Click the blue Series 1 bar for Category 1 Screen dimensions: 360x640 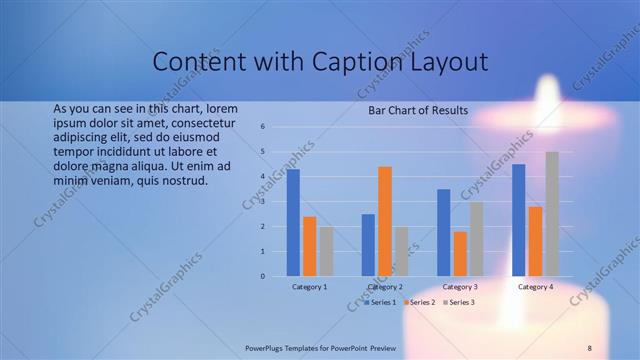293,222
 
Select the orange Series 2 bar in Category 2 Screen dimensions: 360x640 385,221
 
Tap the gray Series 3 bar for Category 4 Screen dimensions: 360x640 552,213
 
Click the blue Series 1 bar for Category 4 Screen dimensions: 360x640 519,220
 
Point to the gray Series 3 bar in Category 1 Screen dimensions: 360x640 326,251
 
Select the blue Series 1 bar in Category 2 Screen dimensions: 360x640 368,245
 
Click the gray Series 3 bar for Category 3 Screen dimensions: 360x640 477,238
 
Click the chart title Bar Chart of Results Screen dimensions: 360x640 419,110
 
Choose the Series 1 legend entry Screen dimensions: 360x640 381,302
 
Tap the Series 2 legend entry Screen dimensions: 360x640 419,302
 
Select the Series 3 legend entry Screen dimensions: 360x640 458,302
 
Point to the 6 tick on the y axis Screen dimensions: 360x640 262,127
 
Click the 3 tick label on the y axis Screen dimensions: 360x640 262,202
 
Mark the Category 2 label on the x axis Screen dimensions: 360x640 385,287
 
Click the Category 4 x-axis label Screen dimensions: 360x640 535,287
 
